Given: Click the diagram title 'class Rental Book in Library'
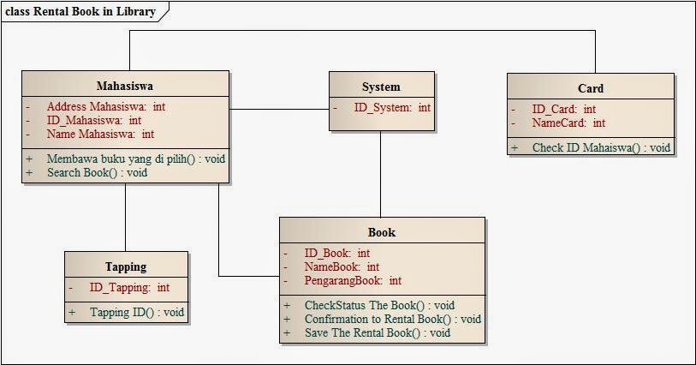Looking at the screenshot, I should (81, 11).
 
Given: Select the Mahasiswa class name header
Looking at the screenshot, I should (125, 86).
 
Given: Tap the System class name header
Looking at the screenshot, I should (381, 87).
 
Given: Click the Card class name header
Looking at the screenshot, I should (591, 88).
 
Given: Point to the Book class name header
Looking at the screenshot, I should (382, 232).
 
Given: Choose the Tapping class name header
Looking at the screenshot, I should (126, 266).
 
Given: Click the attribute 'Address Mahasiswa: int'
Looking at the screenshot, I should (106, 107).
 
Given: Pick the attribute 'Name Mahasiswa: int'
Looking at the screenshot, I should (100, 134).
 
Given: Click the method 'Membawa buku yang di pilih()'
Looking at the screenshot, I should (136, 159).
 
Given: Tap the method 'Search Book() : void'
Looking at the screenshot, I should (97, 172).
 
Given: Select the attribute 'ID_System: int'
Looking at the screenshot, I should (392, 108).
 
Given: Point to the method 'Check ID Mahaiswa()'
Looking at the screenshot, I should (601, 147).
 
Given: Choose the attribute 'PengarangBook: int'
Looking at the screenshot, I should (353, 280).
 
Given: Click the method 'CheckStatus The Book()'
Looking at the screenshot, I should (379, 305).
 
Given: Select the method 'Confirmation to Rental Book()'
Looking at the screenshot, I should (392, 319).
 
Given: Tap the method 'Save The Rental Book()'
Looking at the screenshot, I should (377, 332).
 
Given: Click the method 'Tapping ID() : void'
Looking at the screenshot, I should (137, 313).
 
